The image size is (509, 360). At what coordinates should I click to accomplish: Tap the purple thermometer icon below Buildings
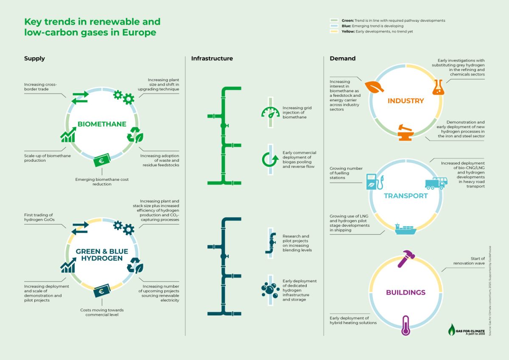click(x=406, y=326)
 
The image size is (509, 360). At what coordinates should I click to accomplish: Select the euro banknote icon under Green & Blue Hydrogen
click(x=102, y=292)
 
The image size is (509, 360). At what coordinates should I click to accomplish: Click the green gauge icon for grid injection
click(x=270, y=112)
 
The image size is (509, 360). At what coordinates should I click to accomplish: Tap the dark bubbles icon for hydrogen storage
click(x=270, y=290)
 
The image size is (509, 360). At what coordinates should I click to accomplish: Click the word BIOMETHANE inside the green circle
click(x=102, y=124)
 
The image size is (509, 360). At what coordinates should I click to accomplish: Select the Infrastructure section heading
click(x=212, y=59)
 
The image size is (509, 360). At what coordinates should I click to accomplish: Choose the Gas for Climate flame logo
click(x=453, y=329)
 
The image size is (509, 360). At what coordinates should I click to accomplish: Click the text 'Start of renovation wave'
click(x=469, y=261)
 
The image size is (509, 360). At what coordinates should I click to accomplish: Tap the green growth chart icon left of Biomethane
click(x=68, y=135)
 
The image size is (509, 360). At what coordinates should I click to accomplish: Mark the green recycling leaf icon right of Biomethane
click(x=136, y=135)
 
